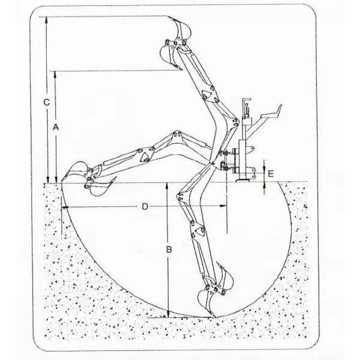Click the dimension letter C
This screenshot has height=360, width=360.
click(47, 102)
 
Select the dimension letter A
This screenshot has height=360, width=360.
click(56, 127)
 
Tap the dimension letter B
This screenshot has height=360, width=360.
click(169, 250)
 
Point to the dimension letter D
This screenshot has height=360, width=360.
click(145, 206)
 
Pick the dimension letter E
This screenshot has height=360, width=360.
click(271, 174)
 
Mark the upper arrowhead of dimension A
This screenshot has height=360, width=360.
click(55, 74)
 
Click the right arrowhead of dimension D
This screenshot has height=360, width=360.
click(223, 206)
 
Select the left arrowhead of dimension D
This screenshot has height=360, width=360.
click(65, 208)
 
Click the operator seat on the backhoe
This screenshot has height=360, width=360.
click(271, 113)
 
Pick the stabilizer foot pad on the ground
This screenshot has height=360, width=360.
click(243, 181)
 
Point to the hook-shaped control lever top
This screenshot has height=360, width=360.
click(246, 100)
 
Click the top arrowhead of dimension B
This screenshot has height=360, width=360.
click(167, 186)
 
